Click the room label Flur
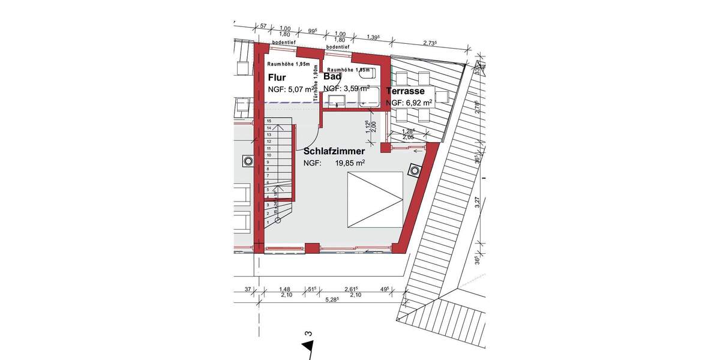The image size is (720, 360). (277, 77)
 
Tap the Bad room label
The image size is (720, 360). (332, 77)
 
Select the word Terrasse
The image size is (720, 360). (406, 91)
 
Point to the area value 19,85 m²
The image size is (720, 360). (350, 163)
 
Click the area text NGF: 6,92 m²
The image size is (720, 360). (409, 103)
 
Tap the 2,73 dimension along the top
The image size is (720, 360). (429, 43)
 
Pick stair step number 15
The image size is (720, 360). (268, 121)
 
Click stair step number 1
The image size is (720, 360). (268, 220)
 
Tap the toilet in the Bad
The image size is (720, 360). (367, 74)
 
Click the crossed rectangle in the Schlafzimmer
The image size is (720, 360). (375, 199)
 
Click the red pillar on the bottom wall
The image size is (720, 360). (311, 247)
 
